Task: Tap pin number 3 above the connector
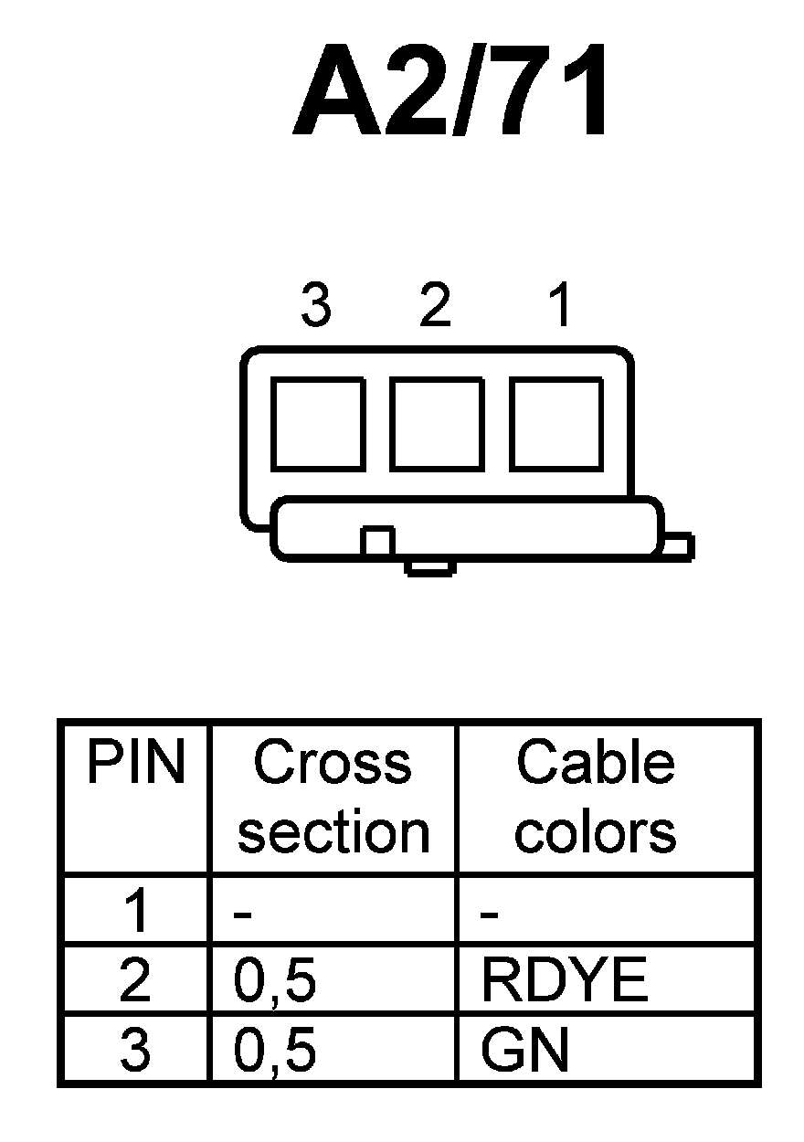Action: (x=315, y=306)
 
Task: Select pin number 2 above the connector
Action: (x=436, y=306)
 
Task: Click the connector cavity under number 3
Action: (x=317, y=424)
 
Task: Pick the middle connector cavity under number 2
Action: (x=436, y=424)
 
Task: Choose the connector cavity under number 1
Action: (x=555, y=424)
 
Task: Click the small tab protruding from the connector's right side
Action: (x=677, y=545)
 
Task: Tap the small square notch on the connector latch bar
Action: (x=376, y=541)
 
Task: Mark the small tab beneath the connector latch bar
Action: (x=430, y=567)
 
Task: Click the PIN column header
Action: (x=135, y=764)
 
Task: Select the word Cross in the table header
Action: (x=333, y=764)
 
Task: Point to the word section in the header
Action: (x=333, y=832)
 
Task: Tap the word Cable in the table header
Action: (x=596, y=764)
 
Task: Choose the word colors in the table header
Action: (x=596, y=832)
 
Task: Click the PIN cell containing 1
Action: (x=135, y=913)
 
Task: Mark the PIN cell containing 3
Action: (x=135, y=1052)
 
